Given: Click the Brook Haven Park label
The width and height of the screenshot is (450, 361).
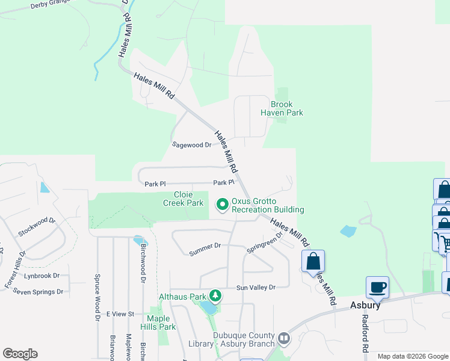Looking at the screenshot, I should pyautogui.click(x=282, y=108).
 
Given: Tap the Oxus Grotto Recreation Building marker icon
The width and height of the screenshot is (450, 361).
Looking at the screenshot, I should pyautogui.click(x=222, y=205).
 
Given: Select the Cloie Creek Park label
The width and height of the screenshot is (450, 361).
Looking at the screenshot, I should pyautogui.click(x=183, y=199).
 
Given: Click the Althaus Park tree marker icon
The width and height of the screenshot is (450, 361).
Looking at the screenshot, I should pyautogui.click(x=215, y=296).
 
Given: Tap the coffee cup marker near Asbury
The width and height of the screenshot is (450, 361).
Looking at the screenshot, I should pyautogui.click(x=377, y=288).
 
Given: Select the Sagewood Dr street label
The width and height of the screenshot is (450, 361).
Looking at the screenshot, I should pyautogui.click(x=192, y=145).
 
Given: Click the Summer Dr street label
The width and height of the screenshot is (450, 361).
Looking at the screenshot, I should pyautogui.click(x=205, y=245).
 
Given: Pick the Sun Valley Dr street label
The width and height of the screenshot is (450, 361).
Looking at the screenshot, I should pyautogui.click(x=255, y=288).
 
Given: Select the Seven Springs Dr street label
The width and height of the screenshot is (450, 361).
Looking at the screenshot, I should pyautogui.click(x=38, y=292).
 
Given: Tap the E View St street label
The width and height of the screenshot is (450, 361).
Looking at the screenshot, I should pyautogui.click(x=120, y=314).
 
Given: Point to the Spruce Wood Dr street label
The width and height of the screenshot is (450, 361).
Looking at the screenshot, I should pyautogui.click(x=97, y=298).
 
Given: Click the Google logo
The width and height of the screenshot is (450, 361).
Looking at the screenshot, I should pyautogui.click(x=20, y=354).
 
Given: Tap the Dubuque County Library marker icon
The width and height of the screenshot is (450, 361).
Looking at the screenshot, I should pyautogui.click(x=283, y=339).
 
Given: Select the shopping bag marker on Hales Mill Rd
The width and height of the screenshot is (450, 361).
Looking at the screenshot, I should pyautogui.click(x=313, y=261).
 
